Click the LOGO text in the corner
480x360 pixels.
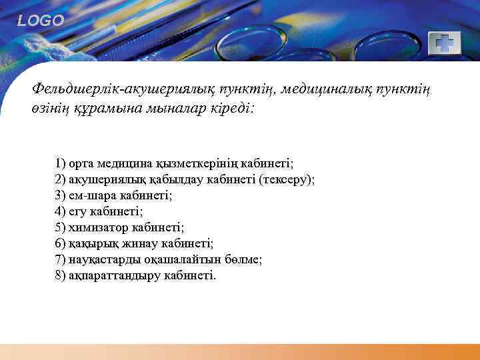41,21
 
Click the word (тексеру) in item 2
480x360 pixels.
287,179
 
